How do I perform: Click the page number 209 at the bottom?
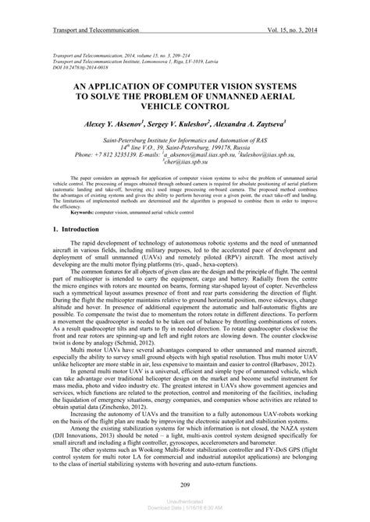[185, 486]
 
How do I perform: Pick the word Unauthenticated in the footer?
[185, 506]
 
